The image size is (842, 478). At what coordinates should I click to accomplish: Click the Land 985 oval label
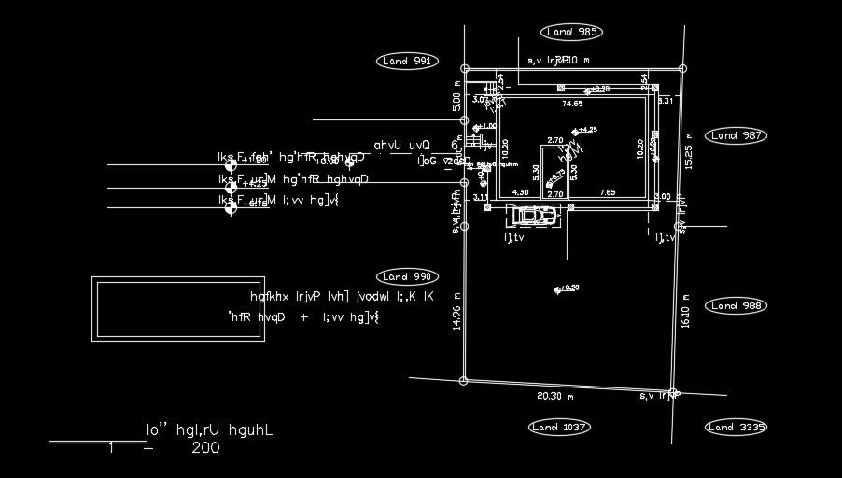point(571,33)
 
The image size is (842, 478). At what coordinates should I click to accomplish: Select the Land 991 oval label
point(408,62)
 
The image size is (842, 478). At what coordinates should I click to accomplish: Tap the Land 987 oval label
point(736,135)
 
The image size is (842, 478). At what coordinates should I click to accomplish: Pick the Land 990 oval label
point(407,277)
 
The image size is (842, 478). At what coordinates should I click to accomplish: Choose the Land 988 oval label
point(736,306)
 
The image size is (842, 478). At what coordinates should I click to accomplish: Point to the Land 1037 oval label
point(559,428)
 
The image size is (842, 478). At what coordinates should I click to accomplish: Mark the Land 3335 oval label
point(736,428)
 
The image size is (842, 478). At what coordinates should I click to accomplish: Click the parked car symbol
point(533,216)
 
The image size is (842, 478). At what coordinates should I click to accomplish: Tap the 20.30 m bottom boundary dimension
point(555,396)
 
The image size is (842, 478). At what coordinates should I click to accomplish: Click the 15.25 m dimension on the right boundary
point(689,149)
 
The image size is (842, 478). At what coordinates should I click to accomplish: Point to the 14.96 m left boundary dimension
point(456,312)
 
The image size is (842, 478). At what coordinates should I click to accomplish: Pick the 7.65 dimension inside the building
point(608,192)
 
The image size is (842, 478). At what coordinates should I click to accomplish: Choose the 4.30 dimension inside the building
point(522,192)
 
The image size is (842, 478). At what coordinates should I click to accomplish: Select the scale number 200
point(205,448)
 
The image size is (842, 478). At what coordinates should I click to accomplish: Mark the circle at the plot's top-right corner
point(682,68)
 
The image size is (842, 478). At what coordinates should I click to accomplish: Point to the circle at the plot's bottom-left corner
point(464,380)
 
